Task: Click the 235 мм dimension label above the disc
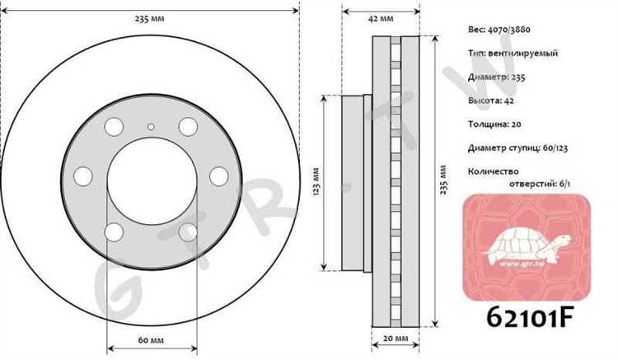149,18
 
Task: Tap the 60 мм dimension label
151,339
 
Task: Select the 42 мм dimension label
381,18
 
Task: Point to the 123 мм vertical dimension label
316,182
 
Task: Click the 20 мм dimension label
396,339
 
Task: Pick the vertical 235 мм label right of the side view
443,180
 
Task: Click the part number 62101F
529,317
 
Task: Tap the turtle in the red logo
527,245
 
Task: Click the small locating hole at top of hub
151,127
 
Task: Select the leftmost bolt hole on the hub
82,176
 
